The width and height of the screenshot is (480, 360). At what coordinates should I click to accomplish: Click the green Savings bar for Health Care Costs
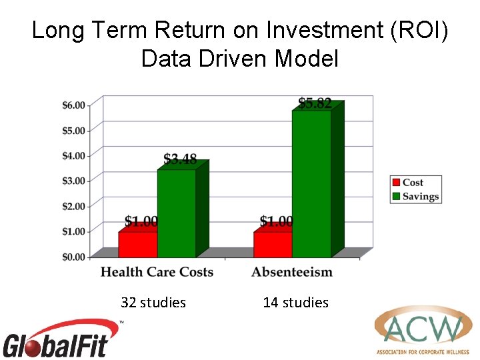coord(177,213)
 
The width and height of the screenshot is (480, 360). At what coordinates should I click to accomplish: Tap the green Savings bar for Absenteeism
coord(311,183)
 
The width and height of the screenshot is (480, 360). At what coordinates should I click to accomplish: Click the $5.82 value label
coord(315,103)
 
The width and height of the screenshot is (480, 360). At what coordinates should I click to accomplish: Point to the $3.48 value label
coord(181,159)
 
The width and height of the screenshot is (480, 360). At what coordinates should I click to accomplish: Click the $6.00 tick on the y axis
coord(74,105)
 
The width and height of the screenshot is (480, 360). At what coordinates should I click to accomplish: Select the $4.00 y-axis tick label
coord(74,156)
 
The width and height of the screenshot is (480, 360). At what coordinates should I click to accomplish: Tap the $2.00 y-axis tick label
coord(74,206)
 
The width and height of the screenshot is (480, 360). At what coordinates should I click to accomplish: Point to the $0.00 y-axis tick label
coord(74,257)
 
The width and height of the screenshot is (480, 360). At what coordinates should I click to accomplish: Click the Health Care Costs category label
coord(157,272)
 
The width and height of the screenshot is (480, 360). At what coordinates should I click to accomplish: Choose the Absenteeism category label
coord(292,272)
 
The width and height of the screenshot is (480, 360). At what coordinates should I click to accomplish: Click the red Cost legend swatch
coord(396,183)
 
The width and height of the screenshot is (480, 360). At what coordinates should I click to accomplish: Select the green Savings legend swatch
coord(396,197)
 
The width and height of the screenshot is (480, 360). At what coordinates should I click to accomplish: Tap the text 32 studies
coord(153,303)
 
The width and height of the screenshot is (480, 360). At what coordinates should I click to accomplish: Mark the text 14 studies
coord(296,303)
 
